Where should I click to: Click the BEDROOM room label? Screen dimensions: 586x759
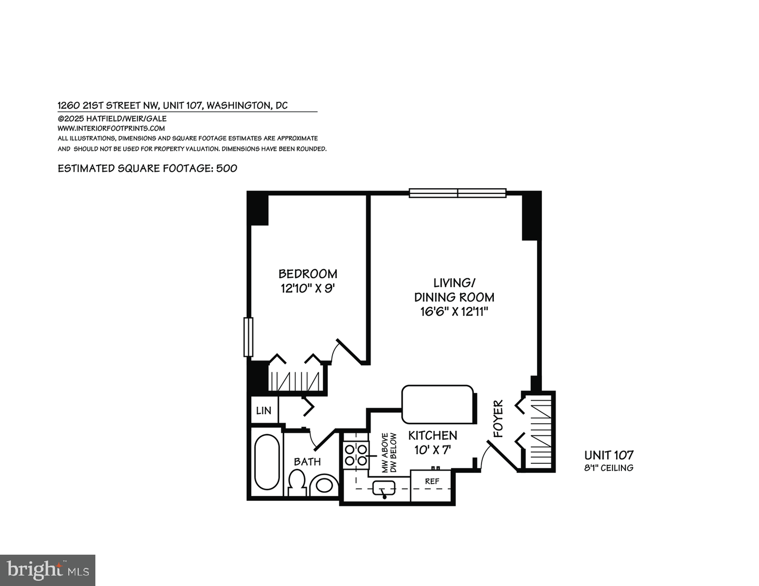coord(308,274)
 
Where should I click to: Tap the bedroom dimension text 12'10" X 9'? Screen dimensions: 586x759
coord(308,288)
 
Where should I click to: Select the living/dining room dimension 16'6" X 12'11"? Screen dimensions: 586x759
coord(454,311)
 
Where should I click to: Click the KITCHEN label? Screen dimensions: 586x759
coord(433,435)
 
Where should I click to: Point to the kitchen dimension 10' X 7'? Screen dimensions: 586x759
coord(433,450)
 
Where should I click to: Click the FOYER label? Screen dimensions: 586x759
coord(499,419)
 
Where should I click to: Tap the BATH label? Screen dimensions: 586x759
coord(307,462)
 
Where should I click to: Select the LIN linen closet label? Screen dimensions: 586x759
coord(264,410)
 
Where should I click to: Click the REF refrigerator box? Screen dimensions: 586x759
coord(432,481)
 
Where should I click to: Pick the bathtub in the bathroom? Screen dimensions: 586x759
coord(267,463)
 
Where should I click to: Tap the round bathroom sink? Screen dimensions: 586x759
coord(324,485)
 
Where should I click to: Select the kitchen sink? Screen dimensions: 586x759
coord(384,488)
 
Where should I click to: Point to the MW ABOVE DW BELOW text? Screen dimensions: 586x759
coord(389,453)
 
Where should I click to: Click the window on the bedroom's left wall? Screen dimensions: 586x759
coord(248,337)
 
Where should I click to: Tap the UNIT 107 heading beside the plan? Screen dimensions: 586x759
coord(609,455)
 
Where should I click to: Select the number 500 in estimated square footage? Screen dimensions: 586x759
coord(227,168)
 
